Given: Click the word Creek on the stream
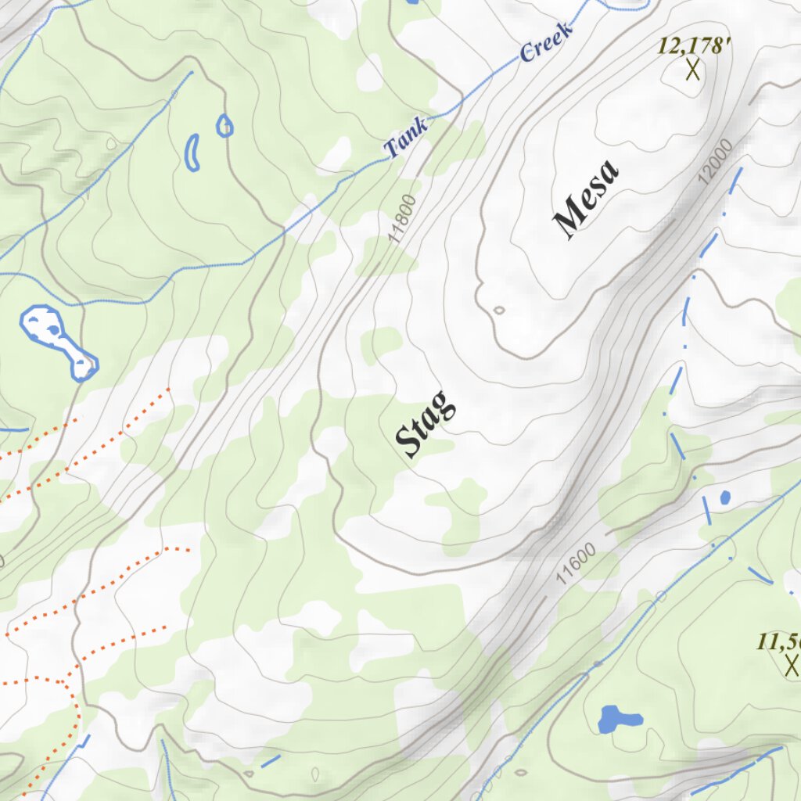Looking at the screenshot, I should (x=547, y=41).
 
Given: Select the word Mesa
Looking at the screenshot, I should (x=587, y=198).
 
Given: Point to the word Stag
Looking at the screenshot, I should (x=426, y=425).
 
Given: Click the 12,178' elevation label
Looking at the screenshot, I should (x=693, y=46).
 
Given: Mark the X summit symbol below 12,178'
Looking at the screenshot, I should (x=692, y=70).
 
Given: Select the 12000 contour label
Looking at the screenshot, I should (x=716, y=161).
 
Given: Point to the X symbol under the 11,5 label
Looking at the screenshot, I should (x=792, y=666).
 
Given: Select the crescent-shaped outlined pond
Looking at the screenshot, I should (x=192, y=153).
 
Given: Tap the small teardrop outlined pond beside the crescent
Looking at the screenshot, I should (x=224, y=125).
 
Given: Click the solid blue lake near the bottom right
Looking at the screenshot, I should (x=618, y=719).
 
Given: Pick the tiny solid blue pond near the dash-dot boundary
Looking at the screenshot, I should (x=724, y=497).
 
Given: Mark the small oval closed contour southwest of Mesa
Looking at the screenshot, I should (x=499, y=310).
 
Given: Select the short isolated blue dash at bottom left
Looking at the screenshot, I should (x=270, y=760).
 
